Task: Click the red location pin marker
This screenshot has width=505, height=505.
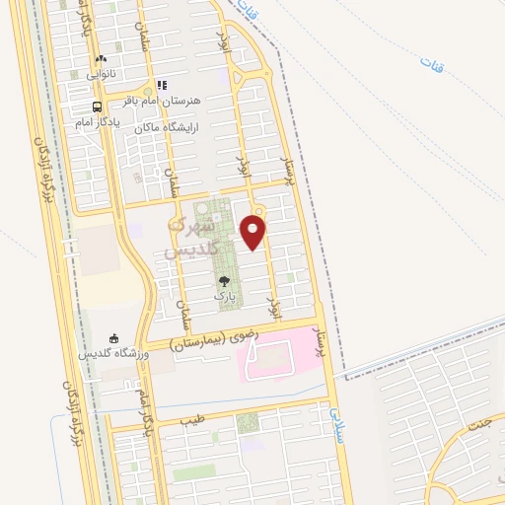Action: point(254,232)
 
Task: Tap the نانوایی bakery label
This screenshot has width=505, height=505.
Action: point(100,72)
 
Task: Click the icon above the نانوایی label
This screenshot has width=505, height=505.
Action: point(101,59)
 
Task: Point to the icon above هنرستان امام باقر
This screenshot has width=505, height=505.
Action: point(162,86)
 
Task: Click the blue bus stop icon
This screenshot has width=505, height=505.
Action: point(97,108)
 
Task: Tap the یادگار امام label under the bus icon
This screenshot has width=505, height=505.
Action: point(97,122)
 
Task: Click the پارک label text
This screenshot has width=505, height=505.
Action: point(225,294)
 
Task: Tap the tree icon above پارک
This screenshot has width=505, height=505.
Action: point(225,280)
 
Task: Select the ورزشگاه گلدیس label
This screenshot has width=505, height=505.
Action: point(113,353)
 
